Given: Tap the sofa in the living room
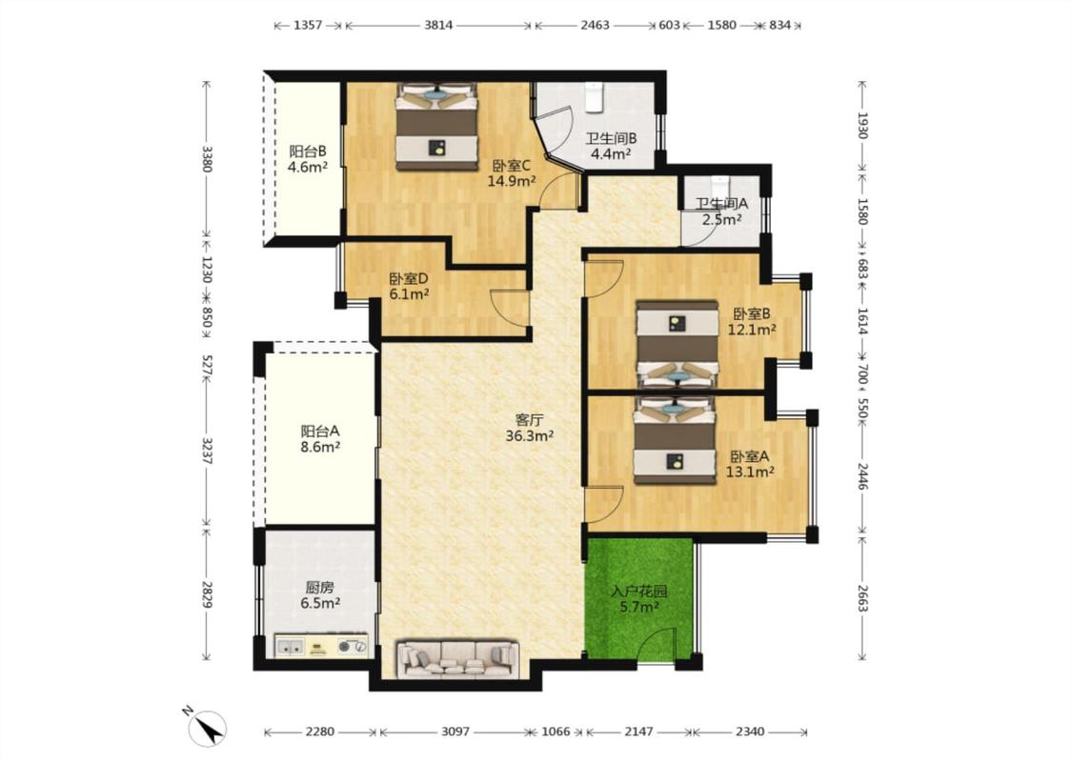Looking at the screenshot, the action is pos(458,659).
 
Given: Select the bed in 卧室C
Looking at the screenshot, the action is pos(436,127).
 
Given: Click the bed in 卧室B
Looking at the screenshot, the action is pos(677,345).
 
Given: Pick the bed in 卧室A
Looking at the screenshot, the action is pos(675,440).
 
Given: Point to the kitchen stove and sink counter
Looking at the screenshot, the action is pos(321,646).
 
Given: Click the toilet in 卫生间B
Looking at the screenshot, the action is pos(593,96).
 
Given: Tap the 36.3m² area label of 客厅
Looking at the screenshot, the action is pos(529,436).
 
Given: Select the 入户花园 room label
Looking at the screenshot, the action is pos(638,592).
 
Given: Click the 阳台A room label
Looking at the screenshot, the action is pos(320,431).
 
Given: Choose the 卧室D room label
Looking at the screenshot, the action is pos(408,279).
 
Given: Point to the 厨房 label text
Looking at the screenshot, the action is pos(320,587).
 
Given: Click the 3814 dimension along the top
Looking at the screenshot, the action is pos(438,26).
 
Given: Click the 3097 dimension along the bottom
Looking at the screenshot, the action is pos(455,732).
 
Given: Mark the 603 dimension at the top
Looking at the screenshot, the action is pos(669,26).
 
